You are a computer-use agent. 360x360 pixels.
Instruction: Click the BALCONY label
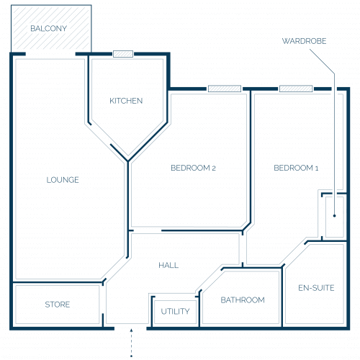(49, 29)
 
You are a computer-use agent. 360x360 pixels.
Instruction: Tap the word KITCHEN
(126, 101)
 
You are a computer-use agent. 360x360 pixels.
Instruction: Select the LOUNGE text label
(63, 180)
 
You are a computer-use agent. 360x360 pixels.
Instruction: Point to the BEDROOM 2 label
(193, 168)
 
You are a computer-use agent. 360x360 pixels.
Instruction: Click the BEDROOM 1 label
(296, 168)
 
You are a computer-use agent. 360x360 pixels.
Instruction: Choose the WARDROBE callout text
(304, 41)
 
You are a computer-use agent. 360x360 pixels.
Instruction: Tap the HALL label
(168, 265)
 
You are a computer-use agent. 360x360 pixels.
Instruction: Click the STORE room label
(58, 305)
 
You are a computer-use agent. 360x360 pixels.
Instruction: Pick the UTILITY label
(175, 311)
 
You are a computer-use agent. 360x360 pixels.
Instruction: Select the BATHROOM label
(243, 300)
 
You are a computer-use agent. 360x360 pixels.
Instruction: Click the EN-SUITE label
(316, 288)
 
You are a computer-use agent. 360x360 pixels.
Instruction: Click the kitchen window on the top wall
(123, 54)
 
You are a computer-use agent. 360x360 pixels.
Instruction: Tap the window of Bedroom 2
(225, 89)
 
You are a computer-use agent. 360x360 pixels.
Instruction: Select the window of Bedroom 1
(296, 89)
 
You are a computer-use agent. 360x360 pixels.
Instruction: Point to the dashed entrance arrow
(131, 343)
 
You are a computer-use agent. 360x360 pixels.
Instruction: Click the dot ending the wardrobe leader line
(334, 216)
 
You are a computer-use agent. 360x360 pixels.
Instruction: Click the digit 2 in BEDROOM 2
(214, 168)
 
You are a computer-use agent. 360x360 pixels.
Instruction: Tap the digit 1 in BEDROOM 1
(317, 168)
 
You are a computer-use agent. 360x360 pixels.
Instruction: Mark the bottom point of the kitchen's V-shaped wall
(128, 161)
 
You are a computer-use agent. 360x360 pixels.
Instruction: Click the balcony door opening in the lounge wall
(50, 54)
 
